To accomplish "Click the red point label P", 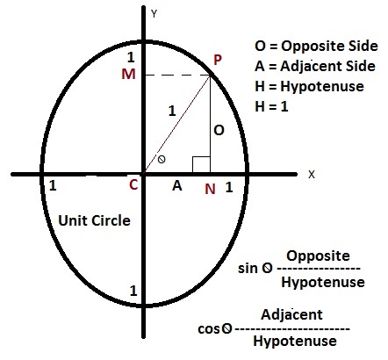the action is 218,60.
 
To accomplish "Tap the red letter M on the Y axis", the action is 128,74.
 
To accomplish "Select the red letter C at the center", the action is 133,184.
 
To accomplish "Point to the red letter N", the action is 210,189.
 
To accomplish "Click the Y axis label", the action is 154,14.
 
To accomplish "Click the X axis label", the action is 312,175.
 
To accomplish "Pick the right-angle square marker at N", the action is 201,165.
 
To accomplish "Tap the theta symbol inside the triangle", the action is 162,160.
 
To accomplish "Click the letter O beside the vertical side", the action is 219,130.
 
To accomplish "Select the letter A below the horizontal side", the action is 177,185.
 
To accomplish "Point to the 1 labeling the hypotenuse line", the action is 172,111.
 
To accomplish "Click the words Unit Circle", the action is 94,220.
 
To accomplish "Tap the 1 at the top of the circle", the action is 131,57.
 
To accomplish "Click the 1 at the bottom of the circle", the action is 133,291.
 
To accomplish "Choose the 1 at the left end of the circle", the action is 53,185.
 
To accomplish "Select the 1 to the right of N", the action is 229,187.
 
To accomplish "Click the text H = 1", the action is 271,106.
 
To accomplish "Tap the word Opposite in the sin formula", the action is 318,256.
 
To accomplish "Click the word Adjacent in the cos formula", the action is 291,315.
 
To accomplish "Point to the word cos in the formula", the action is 209,329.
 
